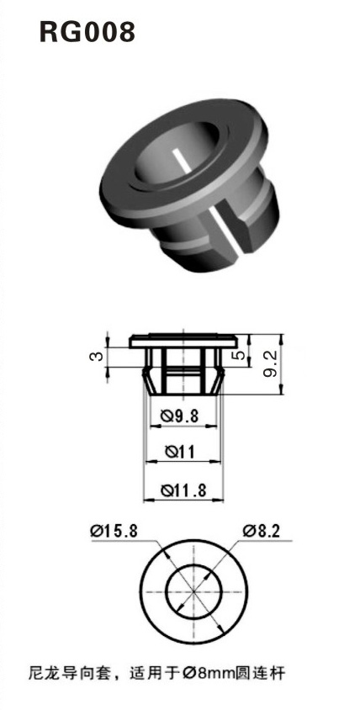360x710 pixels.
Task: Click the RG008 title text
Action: pyautogui.click(x=87, y=33)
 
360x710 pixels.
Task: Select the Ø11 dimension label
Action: pyautogui.click(x=180, y=453)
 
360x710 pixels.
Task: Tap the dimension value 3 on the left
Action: pyautogui.click(x=97, y=356)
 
